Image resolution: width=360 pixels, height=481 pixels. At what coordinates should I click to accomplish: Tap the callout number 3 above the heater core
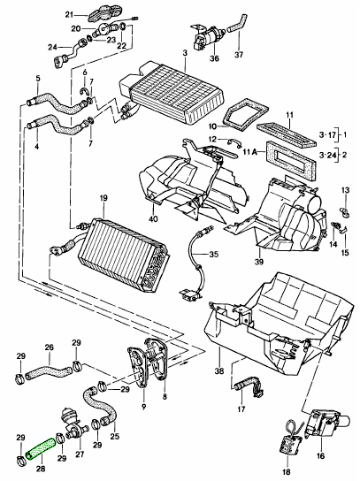(x=185, y=53)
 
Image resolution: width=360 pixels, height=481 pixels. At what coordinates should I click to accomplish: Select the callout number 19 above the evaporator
(x=103, y=198)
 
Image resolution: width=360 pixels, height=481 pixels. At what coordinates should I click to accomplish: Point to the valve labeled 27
(x=73, y=424)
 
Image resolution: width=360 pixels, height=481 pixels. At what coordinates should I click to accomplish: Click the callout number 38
(x=219, y=371)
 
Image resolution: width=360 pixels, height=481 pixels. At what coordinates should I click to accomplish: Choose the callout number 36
(x=214, y=57)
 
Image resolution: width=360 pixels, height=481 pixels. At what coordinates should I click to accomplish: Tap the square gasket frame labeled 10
(x=245, y=114)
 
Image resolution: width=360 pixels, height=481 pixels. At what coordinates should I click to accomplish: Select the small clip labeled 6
(x=84, y=90)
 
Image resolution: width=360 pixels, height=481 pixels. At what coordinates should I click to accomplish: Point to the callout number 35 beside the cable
(x=214, y=255)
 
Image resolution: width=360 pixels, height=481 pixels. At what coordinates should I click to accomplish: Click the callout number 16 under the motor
(x=320, y=456)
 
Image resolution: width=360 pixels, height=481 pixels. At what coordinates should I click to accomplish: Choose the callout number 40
(x=153, y=218)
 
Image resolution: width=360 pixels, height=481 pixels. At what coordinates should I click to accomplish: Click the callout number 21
(x=69, y=14)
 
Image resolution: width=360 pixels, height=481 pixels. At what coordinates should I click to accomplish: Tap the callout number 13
(x=346, y=190)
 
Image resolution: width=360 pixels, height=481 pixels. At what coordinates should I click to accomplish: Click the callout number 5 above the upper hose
(x=38, y=79)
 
